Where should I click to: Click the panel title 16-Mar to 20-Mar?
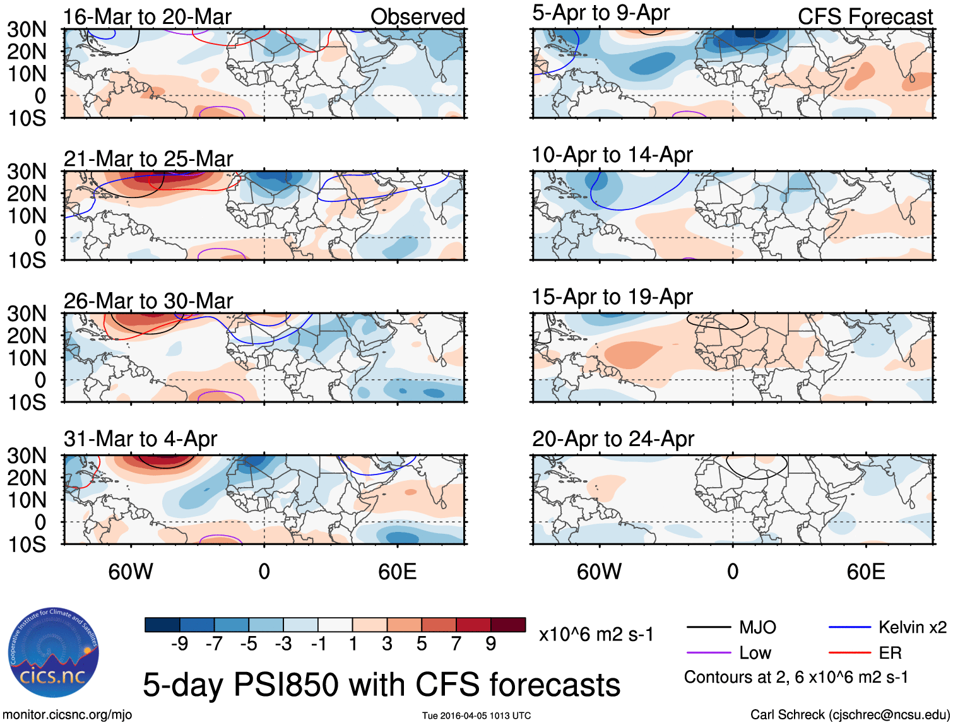coord(147,16)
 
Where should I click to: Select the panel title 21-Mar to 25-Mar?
coord(148,158)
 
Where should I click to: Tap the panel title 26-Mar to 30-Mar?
coord(148,300)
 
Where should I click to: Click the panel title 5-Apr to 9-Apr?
coord(601,13)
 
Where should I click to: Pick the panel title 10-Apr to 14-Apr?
coord(612,155)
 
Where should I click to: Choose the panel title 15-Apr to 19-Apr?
coord(612,297)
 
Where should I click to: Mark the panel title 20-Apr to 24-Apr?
coord(613,439)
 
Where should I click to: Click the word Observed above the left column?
coord(417,16)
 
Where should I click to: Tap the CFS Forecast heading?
coord(865,16)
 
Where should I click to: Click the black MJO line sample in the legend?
coord(708,627)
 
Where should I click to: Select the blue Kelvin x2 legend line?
coord(849,627)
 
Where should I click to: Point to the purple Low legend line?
coord(708,652)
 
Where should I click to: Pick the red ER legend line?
coord(849,652)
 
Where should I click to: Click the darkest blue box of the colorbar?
coord(162,625)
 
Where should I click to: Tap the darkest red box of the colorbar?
coord(508,625)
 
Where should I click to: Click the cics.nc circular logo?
coord(54,653)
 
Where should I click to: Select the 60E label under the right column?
coord(865,572)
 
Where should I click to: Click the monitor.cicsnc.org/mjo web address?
coord(67,714)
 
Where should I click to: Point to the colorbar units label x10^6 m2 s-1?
coord(596,634)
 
